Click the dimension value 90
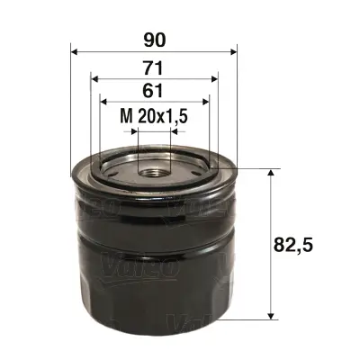tap(152, 39)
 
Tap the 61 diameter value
tap(152, 90)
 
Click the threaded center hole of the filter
tap(154, 167)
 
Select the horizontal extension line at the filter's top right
tap(256, 168)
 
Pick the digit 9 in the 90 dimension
tap(146, 39)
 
